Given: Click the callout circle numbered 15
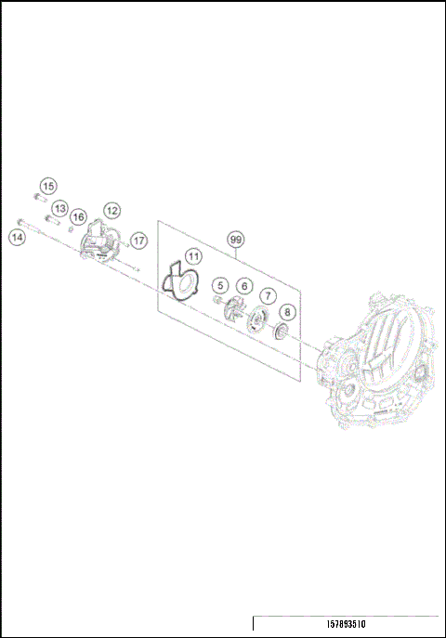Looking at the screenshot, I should point(48,187).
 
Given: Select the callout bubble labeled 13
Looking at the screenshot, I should point(59,208).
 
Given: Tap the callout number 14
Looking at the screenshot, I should point(17,237).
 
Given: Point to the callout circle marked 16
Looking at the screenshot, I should point(78,216).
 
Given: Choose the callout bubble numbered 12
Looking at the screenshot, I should point(111,210).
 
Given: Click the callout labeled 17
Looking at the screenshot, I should point(138,240).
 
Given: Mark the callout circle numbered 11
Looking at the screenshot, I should point(192,256).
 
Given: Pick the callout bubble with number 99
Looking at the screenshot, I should point(237,239).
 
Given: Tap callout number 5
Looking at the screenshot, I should point(219,285).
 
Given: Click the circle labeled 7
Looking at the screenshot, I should point(267,296).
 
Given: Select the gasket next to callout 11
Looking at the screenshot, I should point(178,282).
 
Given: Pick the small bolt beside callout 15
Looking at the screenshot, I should point(39,198).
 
